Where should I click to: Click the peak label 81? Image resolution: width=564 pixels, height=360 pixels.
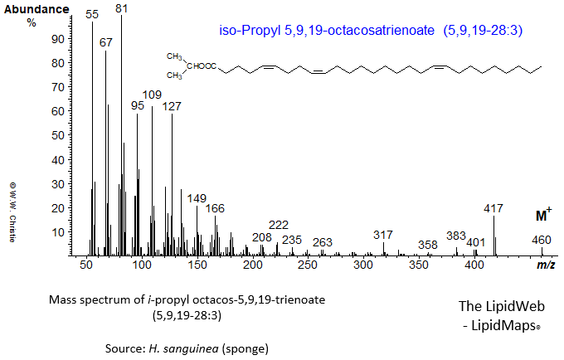point(122,8)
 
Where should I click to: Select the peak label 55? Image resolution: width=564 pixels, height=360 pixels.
point(92,15)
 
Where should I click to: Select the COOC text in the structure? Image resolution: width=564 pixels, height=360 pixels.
point(207,67)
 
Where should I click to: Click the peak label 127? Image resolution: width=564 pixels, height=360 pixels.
point(172,106)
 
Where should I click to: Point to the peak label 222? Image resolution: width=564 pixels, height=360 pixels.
point(279,225)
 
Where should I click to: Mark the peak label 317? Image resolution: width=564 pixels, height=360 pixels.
point(383,235)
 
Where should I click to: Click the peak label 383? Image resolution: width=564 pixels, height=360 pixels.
point(456,236)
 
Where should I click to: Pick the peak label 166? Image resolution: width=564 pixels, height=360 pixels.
point(215,208)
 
